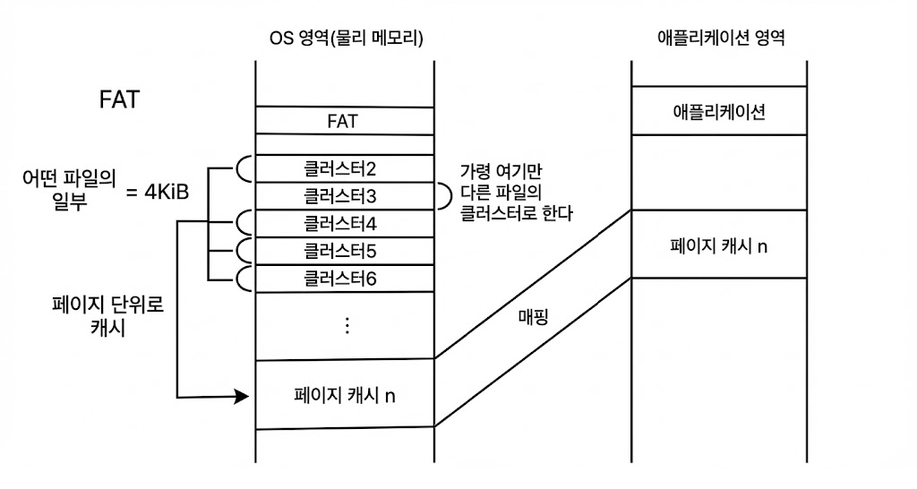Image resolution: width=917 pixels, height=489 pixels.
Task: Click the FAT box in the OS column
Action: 345,121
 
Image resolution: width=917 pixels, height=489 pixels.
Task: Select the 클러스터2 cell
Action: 345,167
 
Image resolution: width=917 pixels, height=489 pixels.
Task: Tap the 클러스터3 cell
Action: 345,194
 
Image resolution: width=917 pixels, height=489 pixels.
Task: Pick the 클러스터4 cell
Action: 345,222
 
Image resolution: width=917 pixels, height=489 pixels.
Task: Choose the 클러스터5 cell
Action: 345,250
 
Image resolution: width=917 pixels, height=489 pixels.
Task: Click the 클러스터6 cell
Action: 345,278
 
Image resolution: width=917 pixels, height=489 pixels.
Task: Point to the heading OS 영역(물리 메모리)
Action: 346,39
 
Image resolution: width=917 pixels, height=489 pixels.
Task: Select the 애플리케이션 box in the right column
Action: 719,112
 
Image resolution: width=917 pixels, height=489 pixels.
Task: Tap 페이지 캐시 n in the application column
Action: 719,244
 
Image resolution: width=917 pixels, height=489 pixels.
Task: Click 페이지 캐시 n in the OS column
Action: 345,395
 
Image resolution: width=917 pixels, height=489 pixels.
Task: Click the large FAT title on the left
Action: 119,99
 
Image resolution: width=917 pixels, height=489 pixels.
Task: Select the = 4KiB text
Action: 157,191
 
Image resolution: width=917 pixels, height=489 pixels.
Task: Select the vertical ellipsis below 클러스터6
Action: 347,325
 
